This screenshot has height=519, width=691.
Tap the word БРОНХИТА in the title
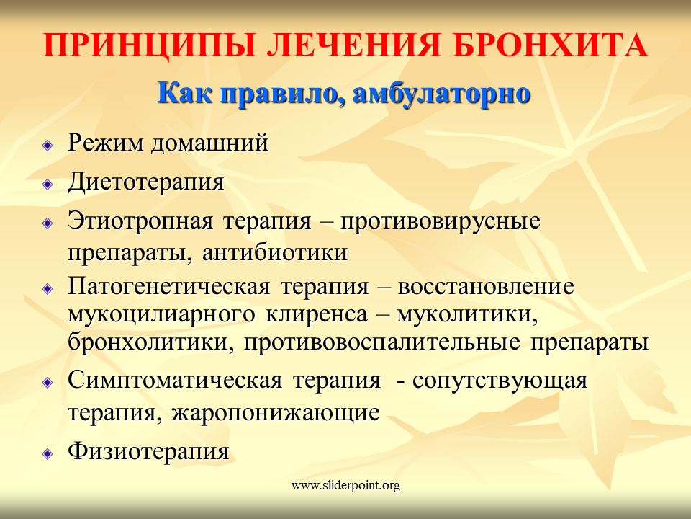(x=551, y=45)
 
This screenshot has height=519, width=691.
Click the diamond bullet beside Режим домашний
(x=48, y=145)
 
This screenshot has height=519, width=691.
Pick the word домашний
(x=209, y=143)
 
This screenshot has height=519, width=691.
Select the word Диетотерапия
(x=145, y=182)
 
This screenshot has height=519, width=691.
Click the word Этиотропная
(x=140, y=221)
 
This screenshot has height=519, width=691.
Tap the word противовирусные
(x=441, y=221)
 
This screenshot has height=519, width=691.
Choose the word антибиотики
(x=275, y=253)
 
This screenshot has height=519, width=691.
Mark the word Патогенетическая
(x=168, y=287)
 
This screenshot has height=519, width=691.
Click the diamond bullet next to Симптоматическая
(x=48, y=383)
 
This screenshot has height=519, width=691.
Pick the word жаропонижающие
(x=276, y=413)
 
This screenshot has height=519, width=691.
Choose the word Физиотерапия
(x=148, y=452)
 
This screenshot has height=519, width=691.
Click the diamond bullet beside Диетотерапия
(x=48, y=184)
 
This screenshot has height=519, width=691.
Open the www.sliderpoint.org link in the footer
(x=345, y=485)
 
